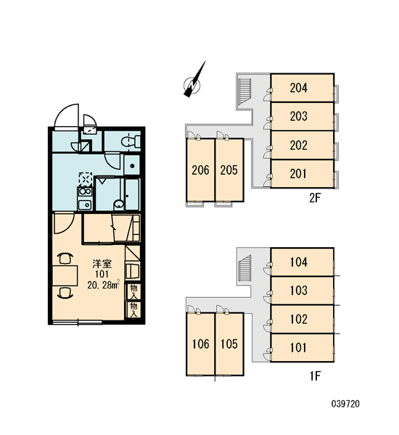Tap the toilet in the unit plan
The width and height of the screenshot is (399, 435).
pyautogui.click(x=131, y=141)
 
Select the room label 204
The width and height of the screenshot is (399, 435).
pyautogui.click(x=299, y=88)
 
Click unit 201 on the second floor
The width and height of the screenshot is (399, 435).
pyautogui.click(x=302, y=174)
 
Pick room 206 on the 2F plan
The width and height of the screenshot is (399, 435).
pyautogui.click(x=200, y=170)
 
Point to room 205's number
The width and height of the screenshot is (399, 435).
pyautogui.click(x=229, y=170)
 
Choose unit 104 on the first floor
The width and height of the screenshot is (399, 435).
pyautogui.click(x=302, y=262)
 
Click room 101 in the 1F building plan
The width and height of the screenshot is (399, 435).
pyautogui.click(x=302, y=347)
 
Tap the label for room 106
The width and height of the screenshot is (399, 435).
pyautogui.click(x=200, y=344)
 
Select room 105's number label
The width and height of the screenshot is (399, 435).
pyautogui.click(x=229, y=344)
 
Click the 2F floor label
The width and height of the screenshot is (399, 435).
pyautogui.click(x=315, y=198)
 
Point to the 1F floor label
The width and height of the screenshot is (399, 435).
pyautogui.click(x=315, y=376)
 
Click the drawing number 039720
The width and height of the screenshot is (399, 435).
pyautogui.click(x=345, y=404)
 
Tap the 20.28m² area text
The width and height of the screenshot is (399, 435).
pyautogui.click(x=104, y=285)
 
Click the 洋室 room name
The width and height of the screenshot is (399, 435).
pyautogui.click(x=102, y=264)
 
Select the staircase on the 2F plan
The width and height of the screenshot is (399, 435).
pyautogui.click(x=244, y=91)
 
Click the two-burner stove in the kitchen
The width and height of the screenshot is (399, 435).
pyautogui.click(x=85, y=191)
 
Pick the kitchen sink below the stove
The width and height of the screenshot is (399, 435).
pyautogui.click(x=85, y=204)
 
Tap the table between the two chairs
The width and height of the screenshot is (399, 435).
pyautogui.click(x=65, y=275)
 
